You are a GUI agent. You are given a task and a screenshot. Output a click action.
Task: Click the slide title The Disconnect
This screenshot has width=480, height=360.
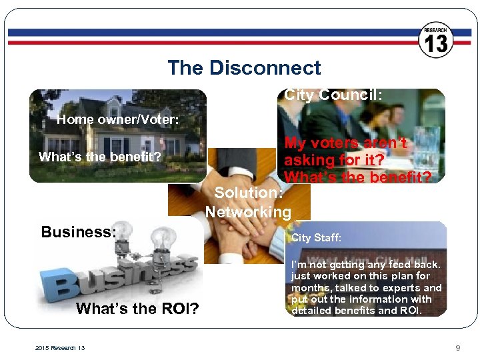tap(244, 68)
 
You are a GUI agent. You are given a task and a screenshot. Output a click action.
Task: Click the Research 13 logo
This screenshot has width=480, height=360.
tap(436, 40)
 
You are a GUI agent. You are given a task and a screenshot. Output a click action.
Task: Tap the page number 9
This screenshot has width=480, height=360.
tap(457, 348)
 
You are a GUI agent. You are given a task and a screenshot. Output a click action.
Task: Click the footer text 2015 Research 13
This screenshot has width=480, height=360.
tap(59, 348)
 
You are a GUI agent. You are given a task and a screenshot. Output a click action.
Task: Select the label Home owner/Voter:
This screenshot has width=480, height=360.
tap(117, 120)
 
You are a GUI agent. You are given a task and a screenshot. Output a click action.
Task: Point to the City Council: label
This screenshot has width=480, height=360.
tap(333, 95)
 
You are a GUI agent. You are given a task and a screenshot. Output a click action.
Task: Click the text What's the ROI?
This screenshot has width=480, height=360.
tap(137, 309)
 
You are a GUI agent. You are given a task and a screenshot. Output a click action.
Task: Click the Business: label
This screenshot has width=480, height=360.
tap(79, 232)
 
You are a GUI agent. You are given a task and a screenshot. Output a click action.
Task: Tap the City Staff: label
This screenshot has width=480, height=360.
tap(316, 237)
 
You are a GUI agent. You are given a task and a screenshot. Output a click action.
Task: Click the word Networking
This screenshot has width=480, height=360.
tap(248, 213)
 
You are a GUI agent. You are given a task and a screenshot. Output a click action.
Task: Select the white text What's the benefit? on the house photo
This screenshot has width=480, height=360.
tap(100, 157)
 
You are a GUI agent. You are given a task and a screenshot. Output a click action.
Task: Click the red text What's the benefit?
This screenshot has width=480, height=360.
tap(357, 177)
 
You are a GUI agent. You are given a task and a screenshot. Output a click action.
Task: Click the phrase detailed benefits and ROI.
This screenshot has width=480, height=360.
tap(357, 311)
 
